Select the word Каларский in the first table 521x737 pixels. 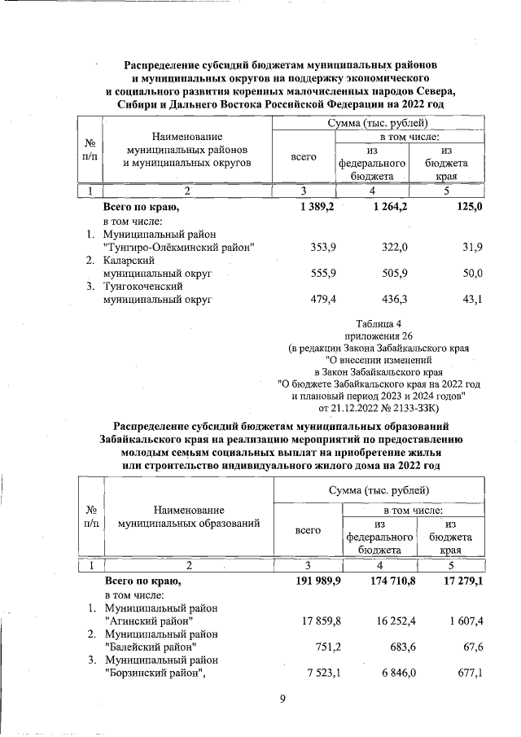pyautogui.click(x=125, y=260)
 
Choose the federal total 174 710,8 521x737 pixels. pyautogui.click(x=383, y=581)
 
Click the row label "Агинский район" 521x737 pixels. pyautogui.click(x=149, y=621)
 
